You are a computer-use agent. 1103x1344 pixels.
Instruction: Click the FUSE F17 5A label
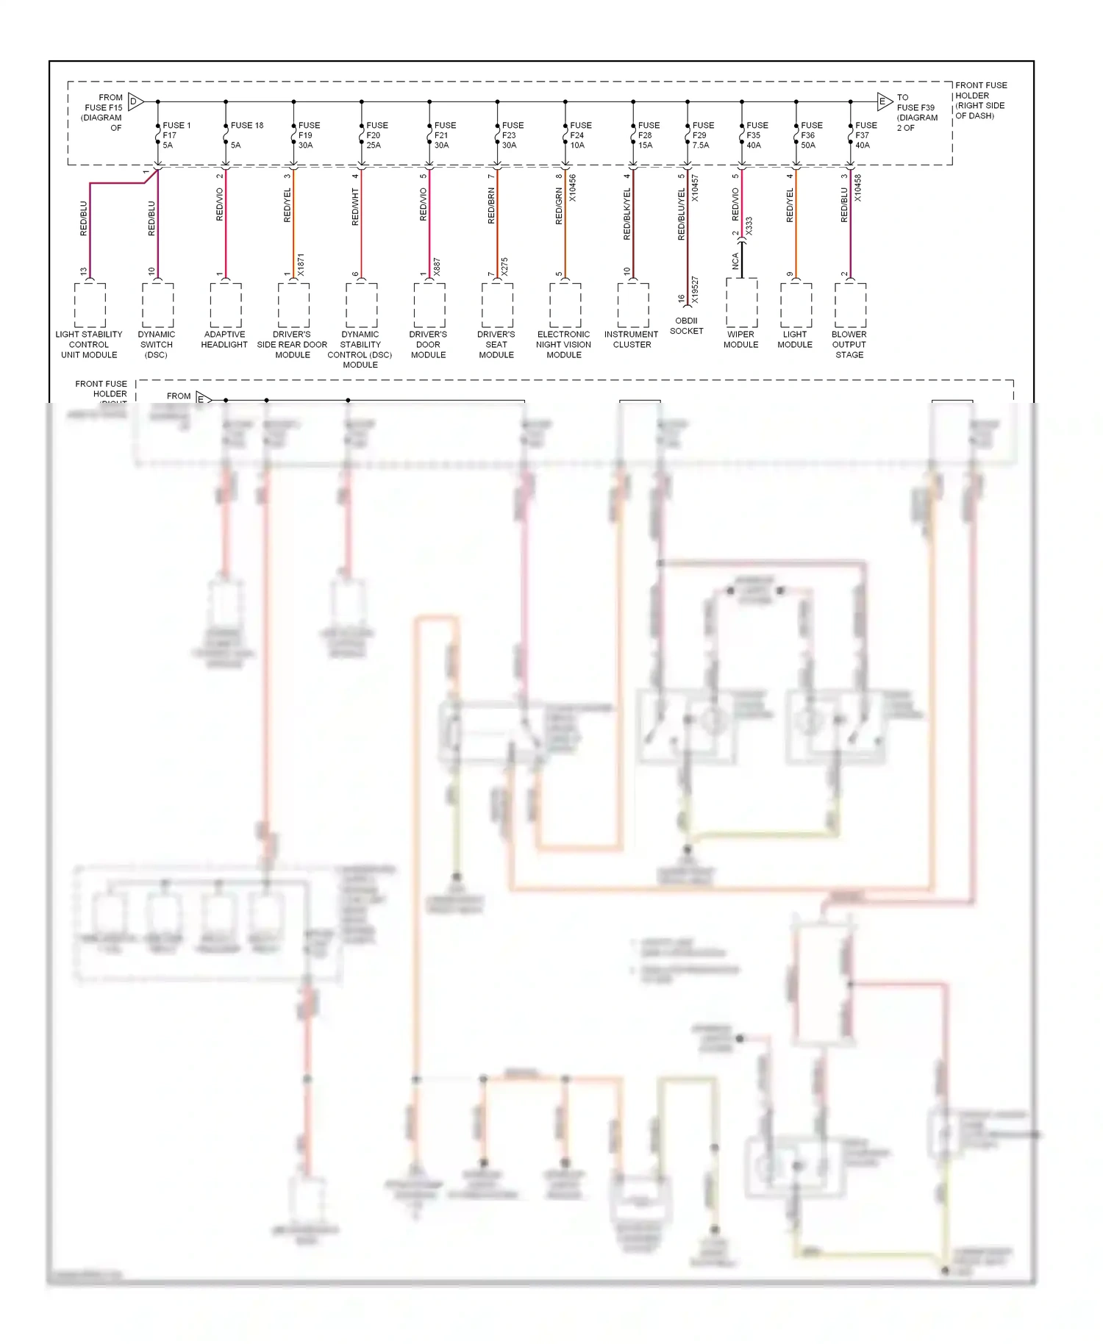pyautogui.click(x=176, y=135)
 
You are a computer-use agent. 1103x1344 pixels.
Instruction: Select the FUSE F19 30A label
pyautogui.click(x=308, y=135)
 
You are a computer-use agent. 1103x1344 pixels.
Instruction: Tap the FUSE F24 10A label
pyautogui.click(x=579, y=135)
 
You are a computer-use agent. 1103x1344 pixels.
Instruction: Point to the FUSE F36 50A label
pyautogui.click(x=810, y=135)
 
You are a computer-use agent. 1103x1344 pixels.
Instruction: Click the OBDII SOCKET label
pyautogui.click(x=686, y=326)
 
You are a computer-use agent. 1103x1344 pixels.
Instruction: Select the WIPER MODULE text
pyautogui.click(x=740, y=340)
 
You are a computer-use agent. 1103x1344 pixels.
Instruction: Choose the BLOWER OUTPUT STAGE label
pyautogui.click(x=849, y=344)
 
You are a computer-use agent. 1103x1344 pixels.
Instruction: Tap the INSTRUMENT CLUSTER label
pyautogui.click(x=632, y=340)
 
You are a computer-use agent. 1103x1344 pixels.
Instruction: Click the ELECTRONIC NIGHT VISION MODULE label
pyautogui.click(x=564, y=344)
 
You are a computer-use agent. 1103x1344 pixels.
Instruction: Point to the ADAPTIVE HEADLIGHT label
pyautogui.click(x=224, y=340)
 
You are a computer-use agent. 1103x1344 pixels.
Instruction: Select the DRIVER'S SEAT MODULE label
pyautogui.click(x=496, y=344)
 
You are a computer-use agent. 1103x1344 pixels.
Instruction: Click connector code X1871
pyautogui.click(x=301, y=265)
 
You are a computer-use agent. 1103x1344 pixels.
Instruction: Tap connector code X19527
pyautogui.click(x=695, y=290)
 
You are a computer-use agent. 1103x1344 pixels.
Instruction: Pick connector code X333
pyautogui.click(x=749, y=226)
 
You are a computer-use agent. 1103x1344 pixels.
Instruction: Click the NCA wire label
pyautogui.click(x=735, y=262)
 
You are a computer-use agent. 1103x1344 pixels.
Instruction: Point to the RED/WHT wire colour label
pyautogui.click(x=355, y=207)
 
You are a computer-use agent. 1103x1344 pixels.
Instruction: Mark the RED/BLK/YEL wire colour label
pyautogui.click(x=627, y=214)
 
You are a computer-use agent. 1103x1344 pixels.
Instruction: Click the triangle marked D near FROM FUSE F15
pyautogui.click(x=135, y=101)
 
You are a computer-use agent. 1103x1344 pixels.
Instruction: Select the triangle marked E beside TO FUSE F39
pyautogui.click(x=885, y=101)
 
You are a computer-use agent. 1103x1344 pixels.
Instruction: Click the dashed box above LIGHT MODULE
pyautogui.click(x=796, y=305)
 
